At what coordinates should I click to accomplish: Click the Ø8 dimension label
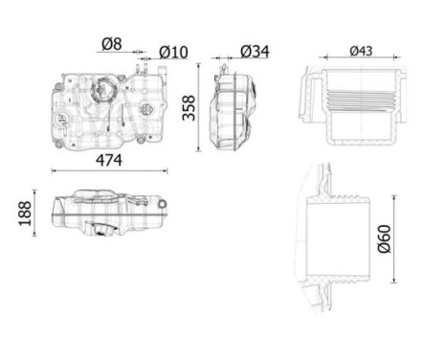[112, 44]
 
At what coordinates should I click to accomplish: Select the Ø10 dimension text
[173, 53]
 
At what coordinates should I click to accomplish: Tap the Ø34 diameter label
[255, 52]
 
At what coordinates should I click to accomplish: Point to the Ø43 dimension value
[361, 51]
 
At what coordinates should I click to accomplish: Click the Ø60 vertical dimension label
[384, 238]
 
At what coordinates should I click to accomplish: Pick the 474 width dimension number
[109, 160]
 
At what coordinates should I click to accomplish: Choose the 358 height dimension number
[189, 108]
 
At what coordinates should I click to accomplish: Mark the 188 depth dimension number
[25, 214]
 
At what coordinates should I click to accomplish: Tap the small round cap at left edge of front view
[60, 120]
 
